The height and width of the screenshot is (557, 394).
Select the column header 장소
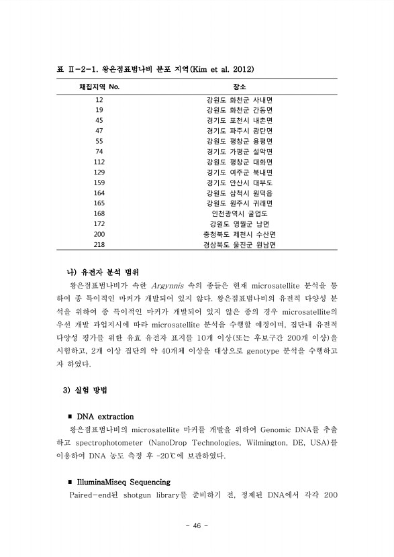coord(240,87)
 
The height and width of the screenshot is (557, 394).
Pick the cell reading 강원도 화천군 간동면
coord(240,110)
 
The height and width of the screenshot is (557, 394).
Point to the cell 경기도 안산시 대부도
coord(240,183)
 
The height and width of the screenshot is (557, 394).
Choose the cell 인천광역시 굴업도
coord(240,213)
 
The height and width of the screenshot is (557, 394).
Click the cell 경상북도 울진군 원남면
coord(240,244)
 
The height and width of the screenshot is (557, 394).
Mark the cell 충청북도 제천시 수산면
coord(240,234)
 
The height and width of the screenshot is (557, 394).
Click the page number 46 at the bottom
coord(197,525)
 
